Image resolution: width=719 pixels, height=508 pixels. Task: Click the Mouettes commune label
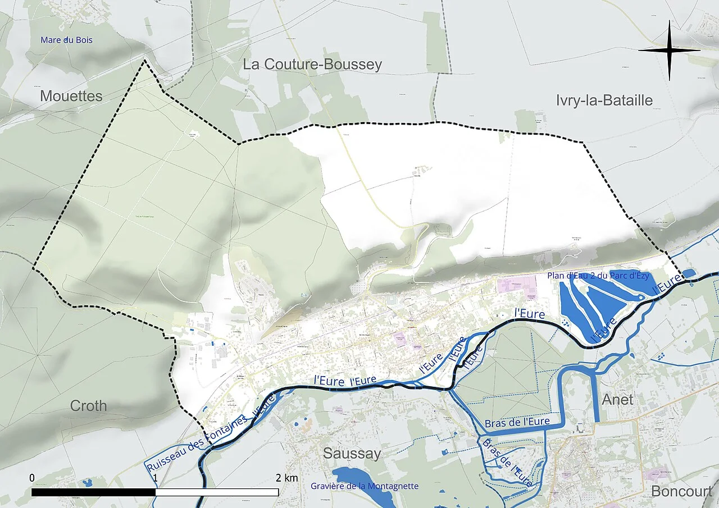pyautogui.click(x=71, y=97)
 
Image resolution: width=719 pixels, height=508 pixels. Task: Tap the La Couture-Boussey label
pyautogui.click(x=312, y=65)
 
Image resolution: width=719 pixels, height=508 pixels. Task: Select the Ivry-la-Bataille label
pyautogui.click(x=604, y=100)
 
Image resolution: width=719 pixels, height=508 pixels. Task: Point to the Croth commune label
pyautogui.click(x=88, y=406)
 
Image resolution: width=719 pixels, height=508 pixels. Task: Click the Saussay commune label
pyautogui.click(x=352, y=454)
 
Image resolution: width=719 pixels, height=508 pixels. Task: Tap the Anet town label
pyautogui.click(x=617, y=400)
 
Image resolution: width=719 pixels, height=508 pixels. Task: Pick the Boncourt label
pyautogui.click(x=681, y=492)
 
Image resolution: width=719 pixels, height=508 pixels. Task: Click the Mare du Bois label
pyautogui.click(x=66, y=40)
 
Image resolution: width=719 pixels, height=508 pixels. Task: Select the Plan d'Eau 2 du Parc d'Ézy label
pyautogui.click(x=598, y=276)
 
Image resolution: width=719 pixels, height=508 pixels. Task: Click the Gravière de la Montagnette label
pyautogui.click(x=365, y=486)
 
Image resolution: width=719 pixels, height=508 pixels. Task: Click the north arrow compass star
pyautogui.click(x=670, y=51)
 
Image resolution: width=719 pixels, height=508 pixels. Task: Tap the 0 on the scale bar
pyautogui.click(x=32, y=478)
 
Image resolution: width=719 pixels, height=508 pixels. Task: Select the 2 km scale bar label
pyautogui.click(x=286, y=478)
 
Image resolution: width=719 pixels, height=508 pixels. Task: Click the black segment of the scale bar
pyautogui.click(x=93, y=492)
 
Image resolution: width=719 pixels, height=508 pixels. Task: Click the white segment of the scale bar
pyautogui.click(x=217, y=492)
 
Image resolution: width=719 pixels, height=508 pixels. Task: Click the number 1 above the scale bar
pyautogui.click(x=156, y=478)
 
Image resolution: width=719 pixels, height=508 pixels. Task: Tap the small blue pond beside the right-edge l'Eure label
pyautogui.click(x=689, y=273)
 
